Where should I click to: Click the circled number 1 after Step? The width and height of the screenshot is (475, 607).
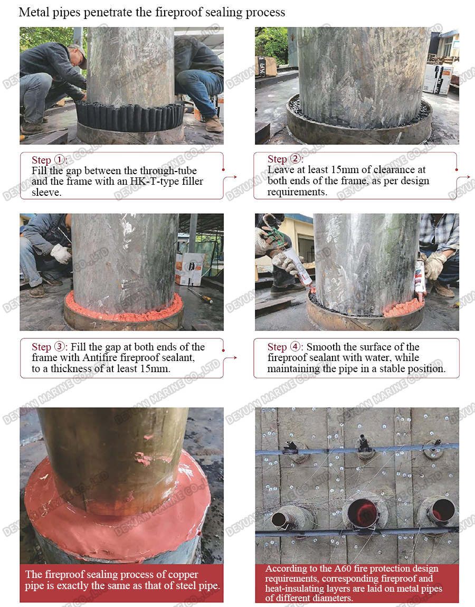click(x=60, y=160)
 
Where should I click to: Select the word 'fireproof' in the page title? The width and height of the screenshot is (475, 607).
click(x=173, y=12)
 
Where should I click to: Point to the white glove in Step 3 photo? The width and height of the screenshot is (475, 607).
click(x=61, y=253)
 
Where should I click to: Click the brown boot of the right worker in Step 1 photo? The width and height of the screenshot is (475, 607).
click(x=213, y=125)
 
